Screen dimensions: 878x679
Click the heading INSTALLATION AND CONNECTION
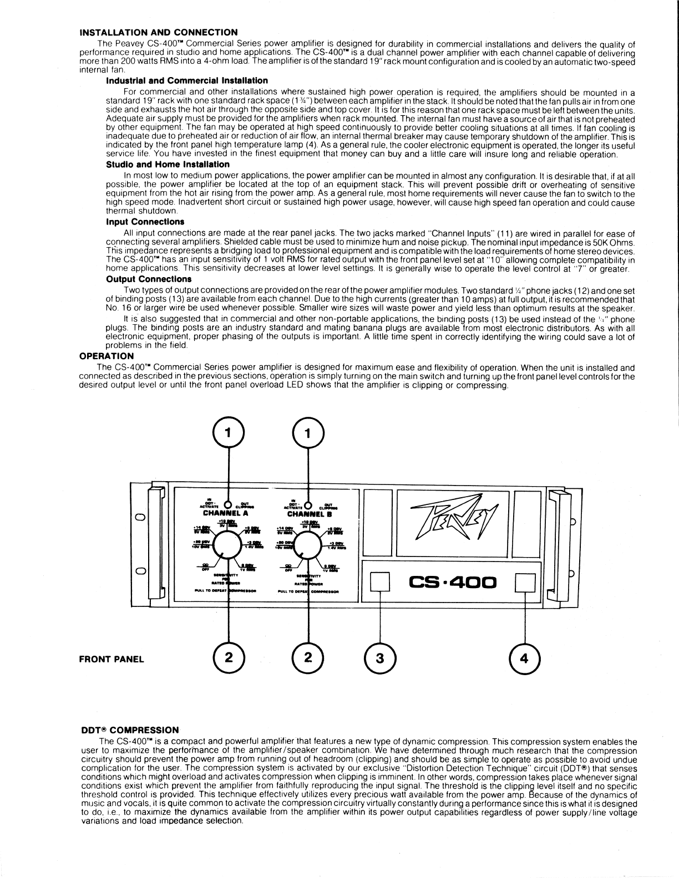159,32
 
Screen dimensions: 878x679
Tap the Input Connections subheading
145,222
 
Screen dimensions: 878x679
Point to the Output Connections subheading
149,279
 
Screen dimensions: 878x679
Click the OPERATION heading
107,356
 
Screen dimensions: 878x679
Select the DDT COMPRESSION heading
130,731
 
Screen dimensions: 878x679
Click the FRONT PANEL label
112,659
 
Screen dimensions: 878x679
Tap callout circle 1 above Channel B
308,432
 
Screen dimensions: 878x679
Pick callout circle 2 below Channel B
308,658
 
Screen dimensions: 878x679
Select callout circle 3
379,658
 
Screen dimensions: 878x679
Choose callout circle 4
525,658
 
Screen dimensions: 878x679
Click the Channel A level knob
229,547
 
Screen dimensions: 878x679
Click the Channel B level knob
308,547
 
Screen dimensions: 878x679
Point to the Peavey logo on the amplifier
452,522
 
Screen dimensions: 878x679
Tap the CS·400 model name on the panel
452,583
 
